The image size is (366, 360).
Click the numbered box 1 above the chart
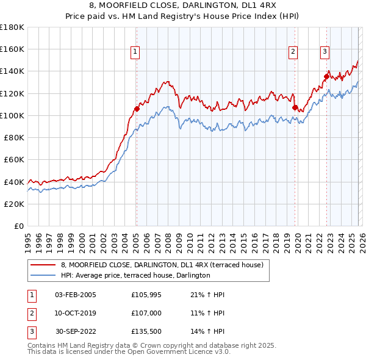point(135,52)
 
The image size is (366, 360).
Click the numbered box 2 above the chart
point(293,52)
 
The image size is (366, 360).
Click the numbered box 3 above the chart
point(325,52)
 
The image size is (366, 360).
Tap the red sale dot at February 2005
point(137,109)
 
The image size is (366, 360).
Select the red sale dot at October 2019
point(295,108)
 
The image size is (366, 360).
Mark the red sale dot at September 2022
point(327,76)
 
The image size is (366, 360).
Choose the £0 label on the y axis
point(20,226)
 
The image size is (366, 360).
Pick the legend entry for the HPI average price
point(135,275)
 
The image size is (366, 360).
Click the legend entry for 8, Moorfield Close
point(162,265)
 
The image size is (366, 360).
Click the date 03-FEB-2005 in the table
point(75,295)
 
